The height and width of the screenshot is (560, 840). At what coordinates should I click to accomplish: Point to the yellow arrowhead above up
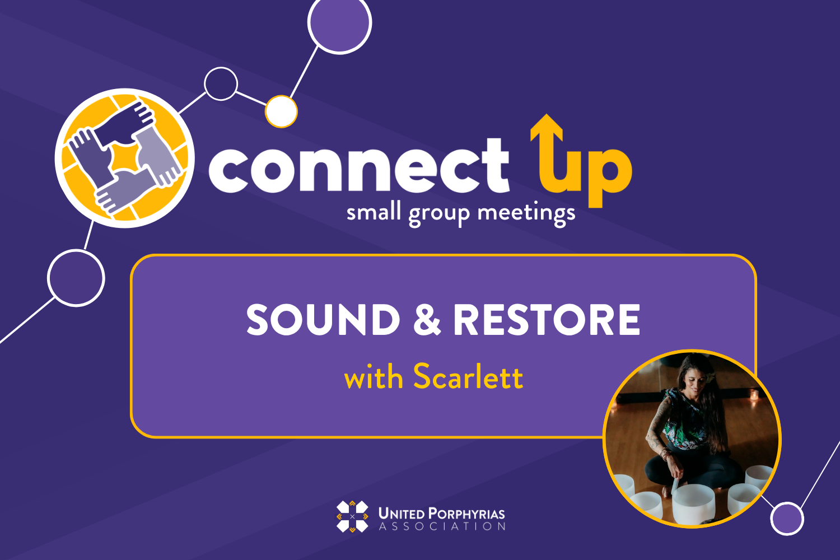(546, 127)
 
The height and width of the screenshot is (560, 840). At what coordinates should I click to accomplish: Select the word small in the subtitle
(374, 213)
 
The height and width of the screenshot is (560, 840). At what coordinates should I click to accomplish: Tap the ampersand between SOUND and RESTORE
(427, 320)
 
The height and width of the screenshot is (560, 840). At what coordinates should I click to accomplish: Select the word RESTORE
(546, 320)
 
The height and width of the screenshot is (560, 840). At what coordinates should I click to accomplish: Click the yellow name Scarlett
(468, 377)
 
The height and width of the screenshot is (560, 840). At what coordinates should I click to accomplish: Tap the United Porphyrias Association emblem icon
(352, 516)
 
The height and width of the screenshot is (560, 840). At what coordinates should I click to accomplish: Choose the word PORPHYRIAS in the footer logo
(474, 513)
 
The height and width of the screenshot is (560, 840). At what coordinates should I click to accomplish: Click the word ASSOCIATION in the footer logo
(442, 526)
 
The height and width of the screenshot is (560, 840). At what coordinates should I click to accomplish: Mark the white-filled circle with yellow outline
(281, 111)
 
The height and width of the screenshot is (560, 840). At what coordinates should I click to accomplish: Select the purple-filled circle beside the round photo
(787, 519)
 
